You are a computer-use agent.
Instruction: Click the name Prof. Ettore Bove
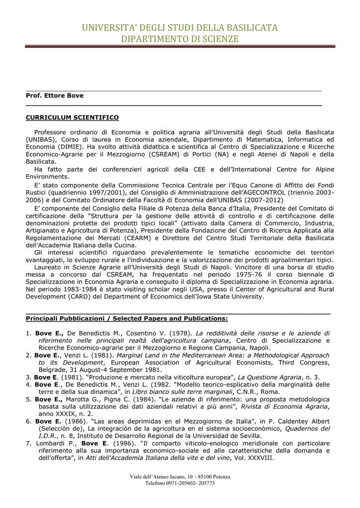tap(55, 95)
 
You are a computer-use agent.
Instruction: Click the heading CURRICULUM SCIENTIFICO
tap(72, 118)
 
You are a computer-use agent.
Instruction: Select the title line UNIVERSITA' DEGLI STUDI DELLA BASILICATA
tap(180, 27)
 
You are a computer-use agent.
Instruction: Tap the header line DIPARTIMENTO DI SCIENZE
tap(180, 39)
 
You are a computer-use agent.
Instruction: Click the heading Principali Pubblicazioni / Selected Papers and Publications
tap(127, 318)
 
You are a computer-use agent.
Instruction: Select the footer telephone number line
tap(180, 483)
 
